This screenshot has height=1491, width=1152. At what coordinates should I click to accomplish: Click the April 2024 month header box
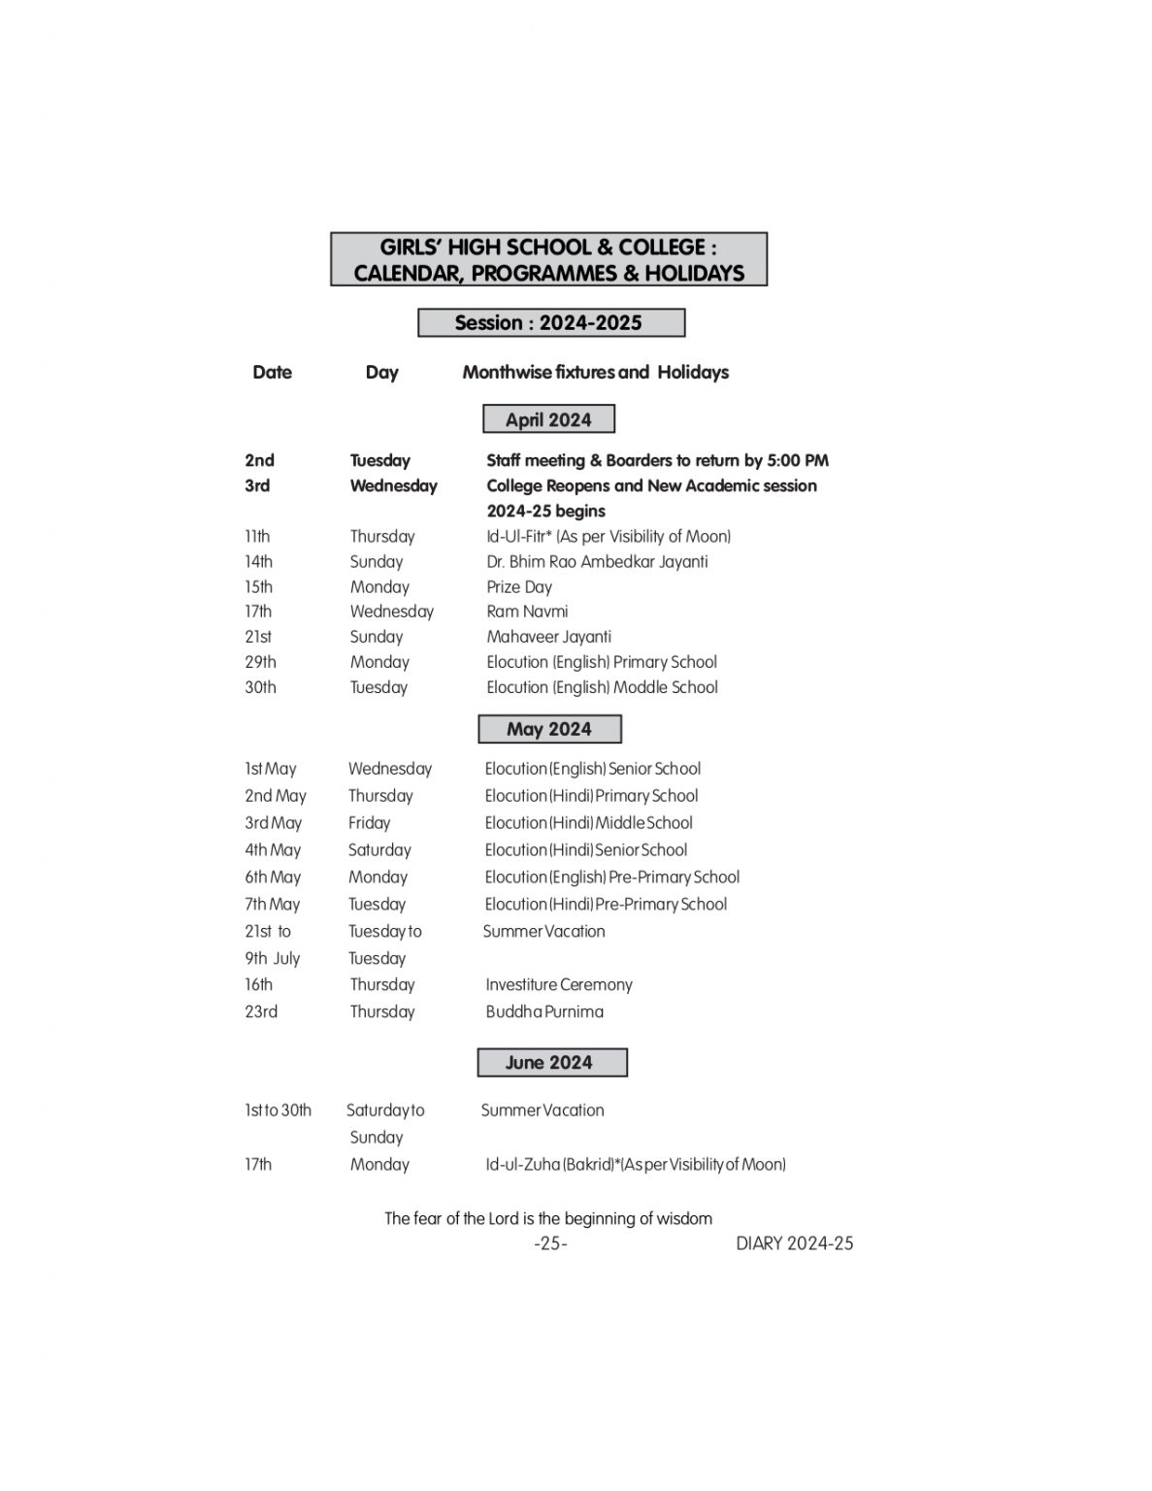[548, 419]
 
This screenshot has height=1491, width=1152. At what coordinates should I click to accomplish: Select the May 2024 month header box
[549, 729]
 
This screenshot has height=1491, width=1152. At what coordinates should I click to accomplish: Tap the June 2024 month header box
[551, 1063]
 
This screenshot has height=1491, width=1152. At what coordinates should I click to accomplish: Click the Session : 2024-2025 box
[550, 323]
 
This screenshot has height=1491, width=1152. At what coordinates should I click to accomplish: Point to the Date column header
[272, 372]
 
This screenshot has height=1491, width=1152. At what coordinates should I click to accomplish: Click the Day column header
[381, 372]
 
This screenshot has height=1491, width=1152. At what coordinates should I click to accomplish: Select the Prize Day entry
[519, 586]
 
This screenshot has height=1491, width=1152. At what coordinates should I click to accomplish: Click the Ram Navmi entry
[527, 612]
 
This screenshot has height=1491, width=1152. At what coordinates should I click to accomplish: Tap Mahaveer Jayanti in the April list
[548, 637]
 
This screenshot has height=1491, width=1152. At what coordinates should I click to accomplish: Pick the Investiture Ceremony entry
[559, 984]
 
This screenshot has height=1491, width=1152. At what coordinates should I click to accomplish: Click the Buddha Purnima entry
[544, 1011]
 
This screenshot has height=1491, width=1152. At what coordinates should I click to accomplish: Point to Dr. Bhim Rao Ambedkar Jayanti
[597, 561]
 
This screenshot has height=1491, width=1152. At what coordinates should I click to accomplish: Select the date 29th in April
[260, 662]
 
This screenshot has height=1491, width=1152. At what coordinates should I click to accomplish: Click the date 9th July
[272, 958]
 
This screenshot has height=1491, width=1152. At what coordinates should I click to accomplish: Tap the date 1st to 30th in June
[278, 1110]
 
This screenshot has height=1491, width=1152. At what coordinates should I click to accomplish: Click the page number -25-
[550, 1243]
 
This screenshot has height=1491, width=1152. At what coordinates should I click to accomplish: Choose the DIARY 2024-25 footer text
[794, 1243]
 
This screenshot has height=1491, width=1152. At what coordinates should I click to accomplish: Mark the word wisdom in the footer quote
[685, 1218]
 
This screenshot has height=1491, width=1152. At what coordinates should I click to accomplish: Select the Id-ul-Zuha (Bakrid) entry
[636, 1164]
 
